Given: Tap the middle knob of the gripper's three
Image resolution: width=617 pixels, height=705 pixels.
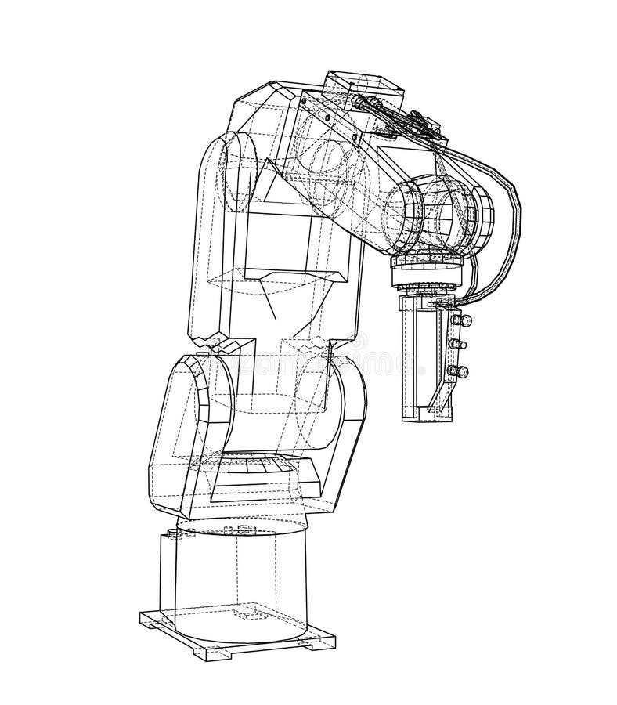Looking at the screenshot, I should pos(461,344).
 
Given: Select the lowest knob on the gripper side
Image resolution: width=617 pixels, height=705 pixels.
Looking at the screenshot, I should pos(463,371).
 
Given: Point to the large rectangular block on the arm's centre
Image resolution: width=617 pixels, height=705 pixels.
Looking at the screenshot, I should pos(290,243).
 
